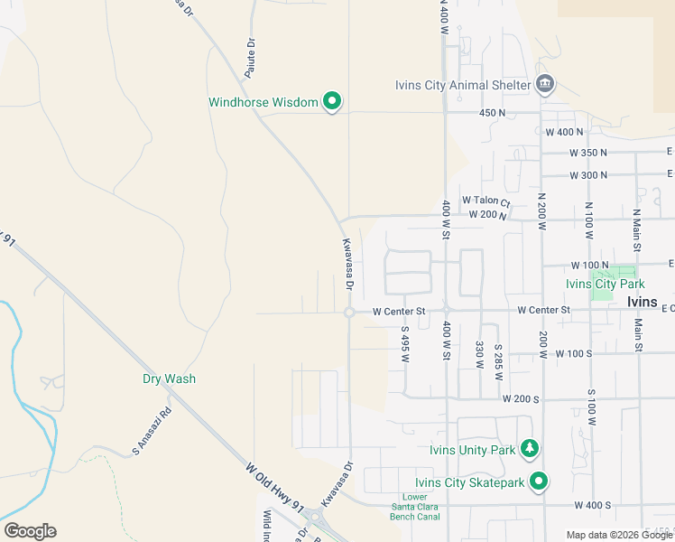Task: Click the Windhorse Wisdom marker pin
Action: (331, 102)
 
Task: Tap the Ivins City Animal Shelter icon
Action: (545, 86)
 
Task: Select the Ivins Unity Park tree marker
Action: (532, 449)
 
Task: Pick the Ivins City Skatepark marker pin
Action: (539, 481)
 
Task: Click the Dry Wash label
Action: (169, 378)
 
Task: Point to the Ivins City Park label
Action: (605, 283)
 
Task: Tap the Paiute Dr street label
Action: (252, 54)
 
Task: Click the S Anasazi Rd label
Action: (152, 432)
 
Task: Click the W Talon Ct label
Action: (485, 201)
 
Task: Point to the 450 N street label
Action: (492, 113)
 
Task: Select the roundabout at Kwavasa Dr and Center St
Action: (349, 313)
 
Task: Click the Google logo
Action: (30, 531)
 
